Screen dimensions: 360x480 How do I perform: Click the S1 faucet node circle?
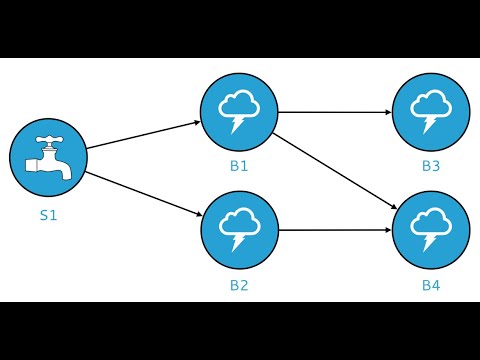48,158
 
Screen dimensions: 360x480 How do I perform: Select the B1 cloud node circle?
239,110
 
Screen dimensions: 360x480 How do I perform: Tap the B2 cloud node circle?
239,229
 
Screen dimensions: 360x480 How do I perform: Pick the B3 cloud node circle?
431,110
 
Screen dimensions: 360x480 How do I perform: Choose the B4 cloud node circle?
431,229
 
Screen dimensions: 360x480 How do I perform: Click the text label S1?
48,214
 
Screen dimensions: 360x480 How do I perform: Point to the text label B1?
239,166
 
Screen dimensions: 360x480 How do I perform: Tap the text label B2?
239,285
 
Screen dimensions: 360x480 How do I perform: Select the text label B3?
431,166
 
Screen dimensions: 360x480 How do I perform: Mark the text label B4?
431,285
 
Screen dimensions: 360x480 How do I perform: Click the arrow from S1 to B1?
143,136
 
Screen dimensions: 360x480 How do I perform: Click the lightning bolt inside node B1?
237,124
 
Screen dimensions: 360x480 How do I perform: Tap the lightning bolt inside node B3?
429,124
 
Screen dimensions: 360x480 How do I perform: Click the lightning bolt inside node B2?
237,243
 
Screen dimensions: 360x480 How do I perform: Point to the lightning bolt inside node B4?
429,243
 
